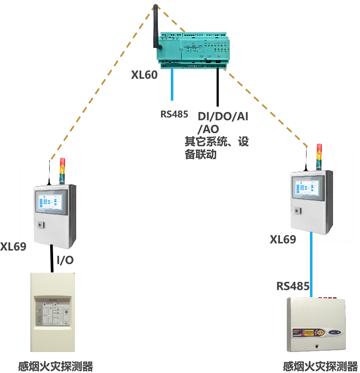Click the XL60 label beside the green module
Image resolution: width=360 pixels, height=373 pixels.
tap(144, 75)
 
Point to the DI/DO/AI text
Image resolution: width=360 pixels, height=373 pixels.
tap(223, 116)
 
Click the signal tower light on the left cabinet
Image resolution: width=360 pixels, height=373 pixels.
tap(62, 170)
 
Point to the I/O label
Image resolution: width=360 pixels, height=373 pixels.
tap(65, 260)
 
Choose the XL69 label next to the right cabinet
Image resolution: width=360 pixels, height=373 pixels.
tap(283, 240)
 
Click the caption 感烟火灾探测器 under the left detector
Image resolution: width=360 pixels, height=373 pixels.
tap(56, 367)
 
